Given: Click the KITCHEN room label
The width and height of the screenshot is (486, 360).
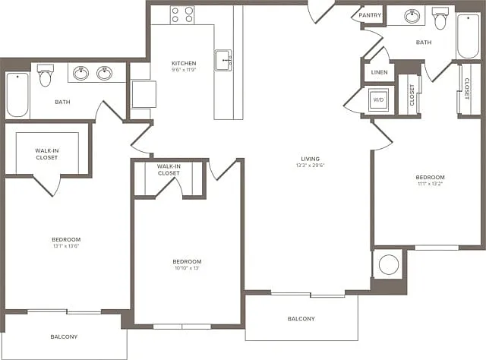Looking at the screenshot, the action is tap(184, 63).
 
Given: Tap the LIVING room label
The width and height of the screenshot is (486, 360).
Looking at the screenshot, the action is tap(311, 159).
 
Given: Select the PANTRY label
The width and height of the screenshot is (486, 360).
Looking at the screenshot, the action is tap(370, 15).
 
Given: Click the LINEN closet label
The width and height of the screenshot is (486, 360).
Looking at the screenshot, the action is tap(380, 72).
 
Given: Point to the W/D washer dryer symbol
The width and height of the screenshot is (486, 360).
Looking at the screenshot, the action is tap(378, 99).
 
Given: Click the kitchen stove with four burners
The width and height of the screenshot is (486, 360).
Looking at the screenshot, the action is tap(182, 15).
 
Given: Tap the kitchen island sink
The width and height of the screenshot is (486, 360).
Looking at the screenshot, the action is tap(223, 60).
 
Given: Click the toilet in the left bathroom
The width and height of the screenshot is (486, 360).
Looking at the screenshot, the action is tap(46, 75).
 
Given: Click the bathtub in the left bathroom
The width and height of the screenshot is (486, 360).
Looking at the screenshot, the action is tap(17, 95).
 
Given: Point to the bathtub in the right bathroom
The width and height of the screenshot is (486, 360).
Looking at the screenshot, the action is tap(469, 36).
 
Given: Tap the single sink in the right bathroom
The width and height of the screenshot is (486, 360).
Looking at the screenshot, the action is tap(412, 16).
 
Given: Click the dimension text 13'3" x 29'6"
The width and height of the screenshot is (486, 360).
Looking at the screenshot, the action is tap(311, 166).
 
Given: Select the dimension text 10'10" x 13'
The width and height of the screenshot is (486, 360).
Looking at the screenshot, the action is tap(187, 268).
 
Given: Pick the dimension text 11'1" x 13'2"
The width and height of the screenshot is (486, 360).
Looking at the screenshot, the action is tap(431, 184).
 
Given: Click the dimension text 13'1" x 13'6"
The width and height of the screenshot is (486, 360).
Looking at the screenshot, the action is tap(66, 246).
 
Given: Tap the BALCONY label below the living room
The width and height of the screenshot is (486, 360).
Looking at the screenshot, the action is tap(301, 319).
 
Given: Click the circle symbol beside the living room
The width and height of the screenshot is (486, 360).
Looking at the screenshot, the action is tap(389, 264).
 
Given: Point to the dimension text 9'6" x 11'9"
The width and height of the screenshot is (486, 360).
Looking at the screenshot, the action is tap(184, 70).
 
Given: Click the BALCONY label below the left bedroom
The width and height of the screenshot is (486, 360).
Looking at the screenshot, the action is tap(64, 336).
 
